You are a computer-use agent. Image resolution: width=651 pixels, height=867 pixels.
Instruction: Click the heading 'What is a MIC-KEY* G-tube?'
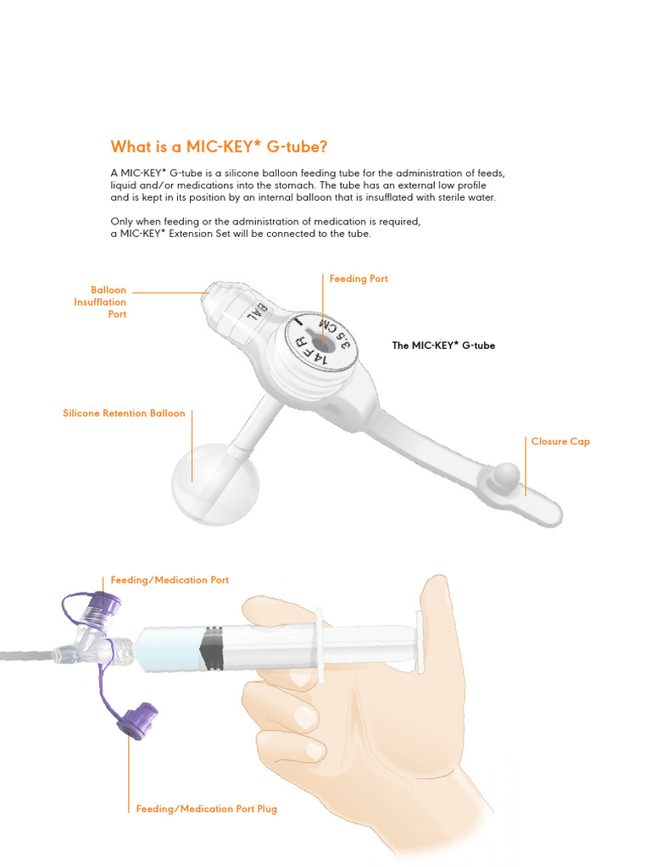tap(219, 146)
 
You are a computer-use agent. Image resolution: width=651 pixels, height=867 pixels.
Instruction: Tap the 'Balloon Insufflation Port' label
tap(100, 302)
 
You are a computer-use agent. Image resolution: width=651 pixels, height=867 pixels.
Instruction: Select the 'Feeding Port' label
tap(358, 279)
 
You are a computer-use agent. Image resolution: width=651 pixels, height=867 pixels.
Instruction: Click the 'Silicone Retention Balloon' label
tap(124, 414)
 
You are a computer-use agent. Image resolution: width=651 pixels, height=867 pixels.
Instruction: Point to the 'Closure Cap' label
tap(560, 442)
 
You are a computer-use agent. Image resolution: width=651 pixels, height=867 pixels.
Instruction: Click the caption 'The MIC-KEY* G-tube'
tap(443, 345)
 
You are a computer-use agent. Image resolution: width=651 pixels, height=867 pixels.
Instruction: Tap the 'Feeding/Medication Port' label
tap(170, 580)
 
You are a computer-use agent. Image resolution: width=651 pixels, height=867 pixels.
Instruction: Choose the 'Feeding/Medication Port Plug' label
tap(206, 809)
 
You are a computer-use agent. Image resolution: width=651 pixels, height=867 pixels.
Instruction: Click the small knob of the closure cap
tap(507, 471)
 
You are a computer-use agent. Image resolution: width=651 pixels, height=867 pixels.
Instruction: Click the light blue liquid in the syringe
tap(169, 649)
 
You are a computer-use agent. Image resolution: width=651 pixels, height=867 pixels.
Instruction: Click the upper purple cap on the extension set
tap(105, 605)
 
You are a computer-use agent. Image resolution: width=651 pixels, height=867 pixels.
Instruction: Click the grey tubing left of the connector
tap(25, 654)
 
